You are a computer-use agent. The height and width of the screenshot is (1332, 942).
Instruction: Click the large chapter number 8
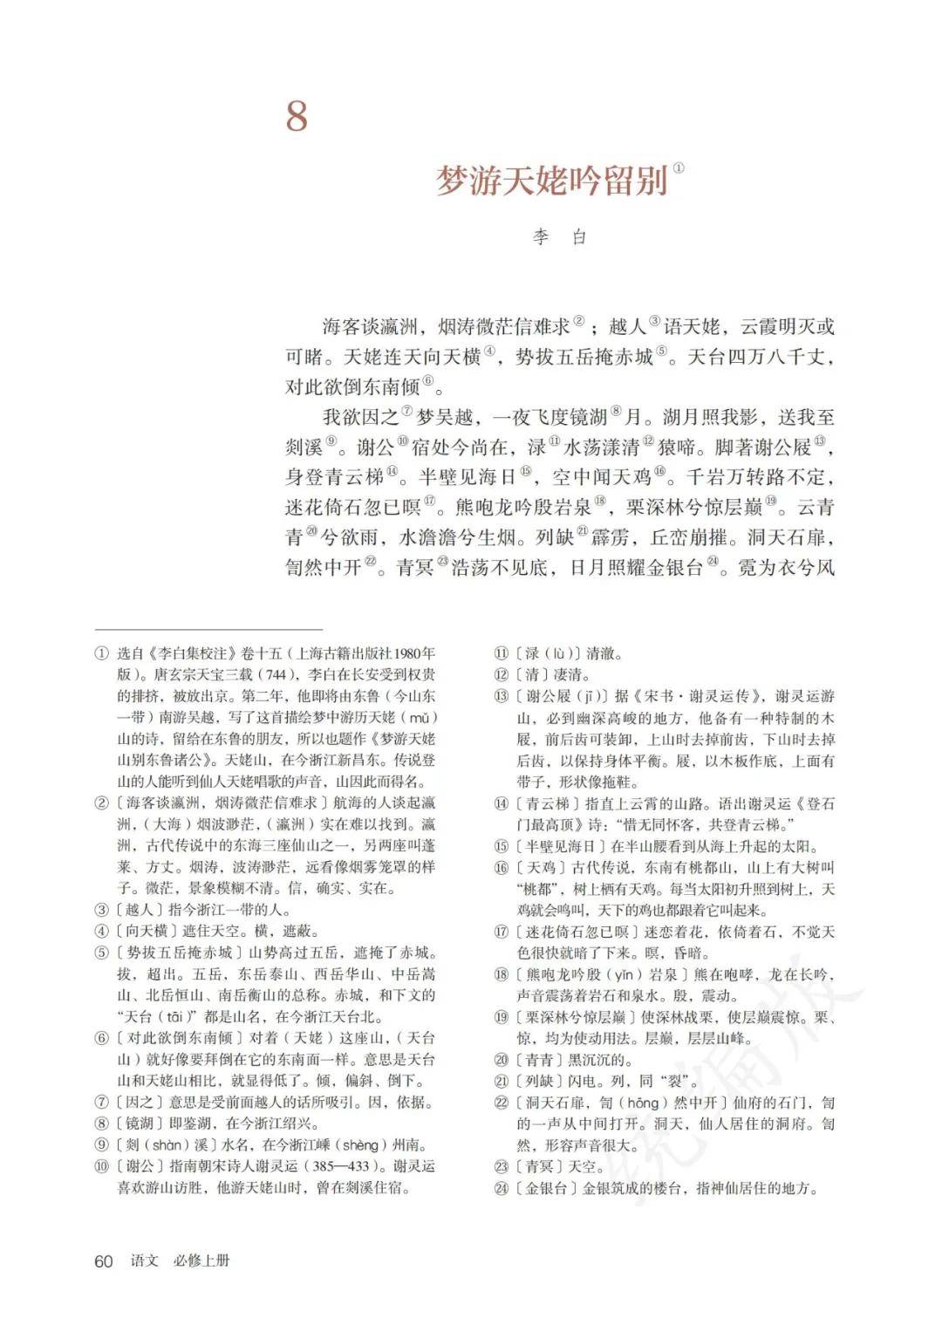pyautogui.click(x=297, y=117)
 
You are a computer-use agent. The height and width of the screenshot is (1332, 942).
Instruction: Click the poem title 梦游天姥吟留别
pyautogui.click(x=551, y=181)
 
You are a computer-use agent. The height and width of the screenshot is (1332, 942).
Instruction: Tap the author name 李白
pyautogui.click(x=561, y=236)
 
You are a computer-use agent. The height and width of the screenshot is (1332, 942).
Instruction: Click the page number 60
pyautogui.click(x=104, y=1261)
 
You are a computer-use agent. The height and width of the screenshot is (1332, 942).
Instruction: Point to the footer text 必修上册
pyautogui.click(x=201, y=1261)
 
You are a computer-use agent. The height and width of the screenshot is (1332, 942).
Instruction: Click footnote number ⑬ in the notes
pyautogui.click(x=501, y=696)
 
